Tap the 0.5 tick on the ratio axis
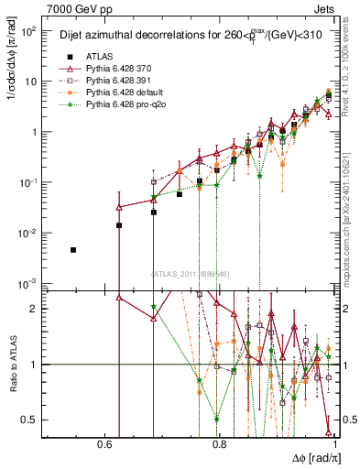(x=35, y=420)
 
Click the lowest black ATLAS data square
(x=73, y=250)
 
